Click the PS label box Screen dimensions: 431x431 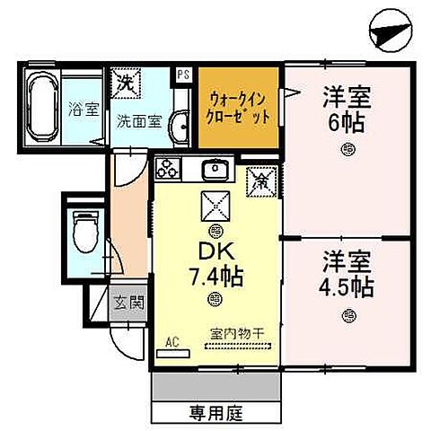(184, 75)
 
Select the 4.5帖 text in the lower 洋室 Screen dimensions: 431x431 (347, 288)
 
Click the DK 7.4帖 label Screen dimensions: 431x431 (213, 266)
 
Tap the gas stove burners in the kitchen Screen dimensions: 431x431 (168, 169)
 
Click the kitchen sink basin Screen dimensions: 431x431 (215, 170)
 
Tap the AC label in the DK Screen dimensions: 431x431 (172, 342)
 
